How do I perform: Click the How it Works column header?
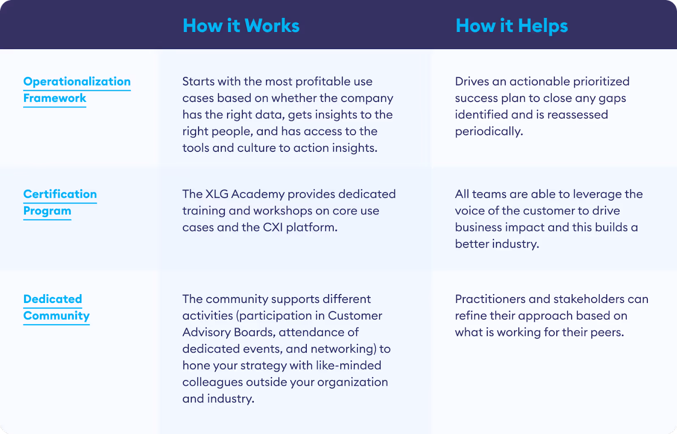click(241, 26)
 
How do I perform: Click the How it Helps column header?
click(512, 26)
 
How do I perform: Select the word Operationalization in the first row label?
click(77, 82)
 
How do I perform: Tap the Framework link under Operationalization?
click(55, 98)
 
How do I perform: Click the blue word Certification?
click(60, 194)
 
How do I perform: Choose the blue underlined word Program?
click(47, 211)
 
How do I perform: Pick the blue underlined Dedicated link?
click(52, 299)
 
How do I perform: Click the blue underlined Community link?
click(56, 316)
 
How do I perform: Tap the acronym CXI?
click(272, 227)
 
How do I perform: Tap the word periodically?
click(489, 131)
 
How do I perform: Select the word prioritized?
click(601, 82)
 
